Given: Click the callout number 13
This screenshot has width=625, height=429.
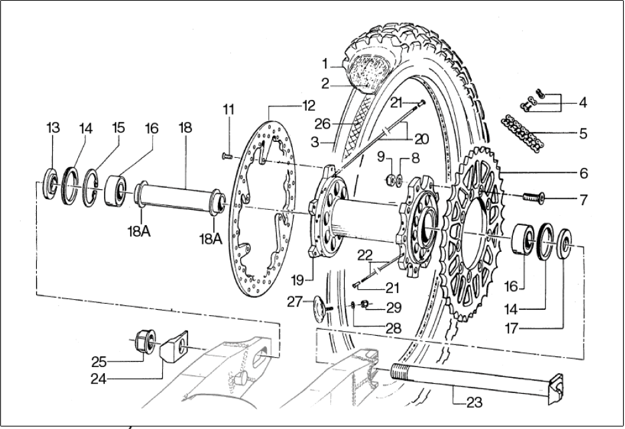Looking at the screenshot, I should pos(53,127).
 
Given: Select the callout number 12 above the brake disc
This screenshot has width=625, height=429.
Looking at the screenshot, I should pos(307,105).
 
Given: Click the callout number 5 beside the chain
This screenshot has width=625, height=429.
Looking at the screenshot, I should pos(584,133).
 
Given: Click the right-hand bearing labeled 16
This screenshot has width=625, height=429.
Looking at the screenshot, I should pos(526,240).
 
